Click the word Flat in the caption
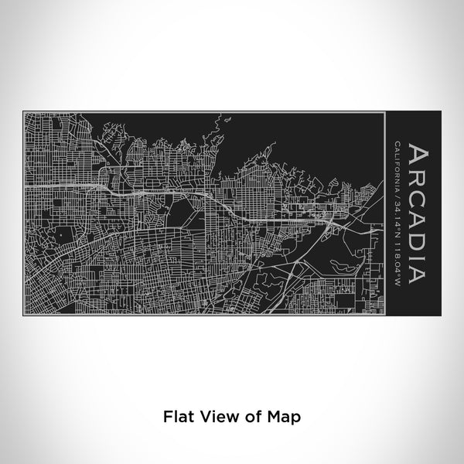click(x=177, y=416)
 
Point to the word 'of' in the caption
click(x=249, y=416)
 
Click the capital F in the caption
click(x=166, y=416)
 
